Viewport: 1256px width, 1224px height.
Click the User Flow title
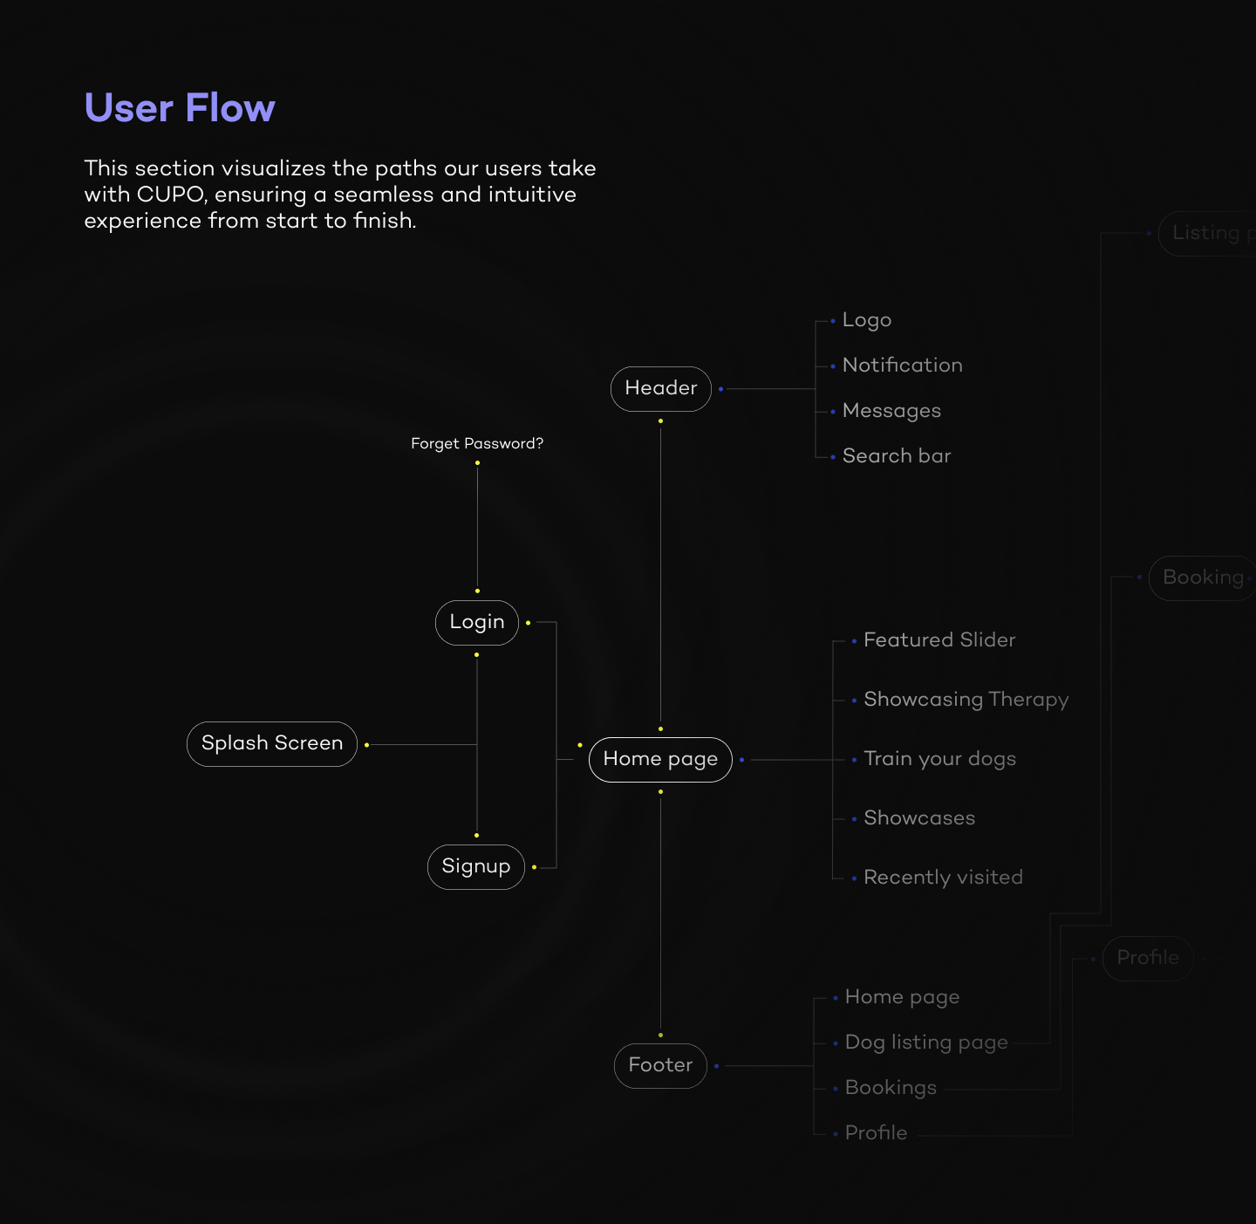tap(180, 108)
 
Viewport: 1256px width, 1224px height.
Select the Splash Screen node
tap(272, 743)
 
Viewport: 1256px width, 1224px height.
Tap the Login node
tap(477, 622)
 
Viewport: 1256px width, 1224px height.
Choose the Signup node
tap(476, 866)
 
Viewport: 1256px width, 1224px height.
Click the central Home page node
tap(660, 759)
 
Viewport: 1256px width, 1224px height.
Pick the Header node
tap(661, 388)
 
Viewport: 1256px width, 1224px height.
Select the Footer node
tap(660, 1065)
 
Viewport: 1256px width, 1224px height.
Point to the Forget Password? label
tap(477, 443)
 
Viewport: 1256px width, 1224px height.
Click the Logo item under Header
tap(866, 320)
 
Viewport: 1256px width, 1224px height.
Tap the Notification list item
tap(902, 366)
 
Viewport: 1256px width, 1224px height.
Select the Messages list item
tap(891, 411)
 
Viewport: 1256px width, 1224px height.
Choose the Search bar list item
tap(896, 456)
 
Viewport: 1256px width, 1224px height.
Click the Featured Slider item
tap(939, 640)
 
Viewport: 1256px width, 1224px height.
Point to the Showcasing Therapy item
tap(966, 700)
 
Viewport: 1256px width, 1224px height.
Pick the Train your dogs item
tap(939, 759)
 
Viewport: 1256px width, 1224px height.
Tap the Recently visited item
tap(943, 878)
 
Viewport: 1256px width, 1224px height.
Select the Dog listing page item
tap(926, 1043)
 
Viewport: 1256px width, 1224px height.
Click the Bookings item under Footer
tap(891, 1088)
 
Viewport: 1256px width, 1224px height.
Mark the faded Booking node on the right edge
tap(1203, 578)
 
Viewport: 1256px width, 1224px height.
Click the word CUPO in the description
tap(169, 195)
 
